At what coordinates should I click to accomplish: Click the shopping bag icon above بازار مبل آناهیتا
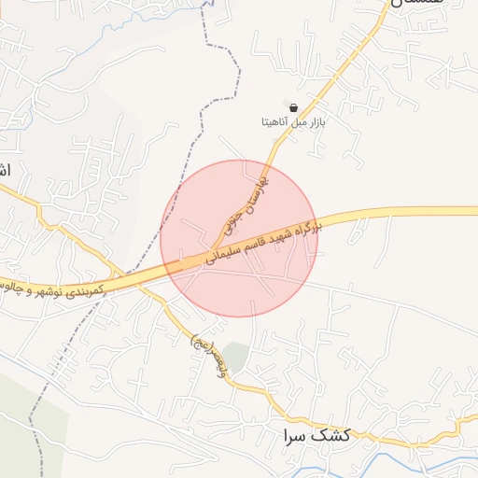tap(294, 107)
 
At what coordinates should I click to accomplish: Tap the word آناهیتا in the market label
tap(278, 122)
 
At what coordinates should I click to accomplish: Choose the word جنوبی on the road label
tap(230, 218)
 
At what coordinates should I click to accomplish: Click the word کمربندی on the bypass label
tap(85, 290)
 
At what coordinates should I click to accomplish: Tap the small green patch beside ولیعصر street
tap(237, 356)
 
